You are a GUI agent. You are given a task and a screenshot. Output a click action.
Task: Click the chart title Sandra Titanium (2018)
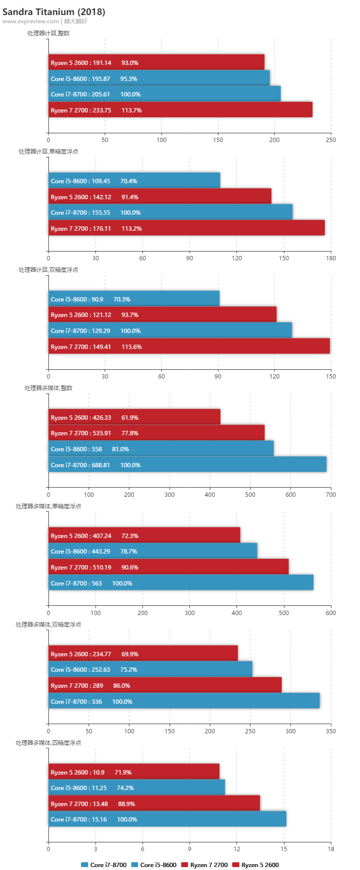click(54, 12)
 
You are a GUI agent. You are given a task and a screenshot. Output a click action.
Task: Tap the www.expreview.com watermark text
click(31, 21)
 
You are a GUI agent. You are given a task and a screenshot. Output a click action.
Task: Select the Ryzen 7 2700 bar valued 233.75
click(180, 110)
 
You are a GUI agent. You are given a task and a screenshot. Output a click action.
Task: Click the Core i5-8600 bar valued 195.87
click(159, 79)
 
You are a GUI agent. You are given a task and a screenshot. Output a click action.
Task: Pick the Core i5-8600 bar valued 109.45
click(134, 181)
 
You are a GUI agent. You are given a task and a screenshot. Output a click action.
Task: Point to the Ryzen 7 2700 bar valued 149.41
click(189, 347)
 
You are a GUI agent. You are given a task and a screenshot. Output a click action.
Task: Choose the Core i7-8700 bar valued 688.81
click(187, 465)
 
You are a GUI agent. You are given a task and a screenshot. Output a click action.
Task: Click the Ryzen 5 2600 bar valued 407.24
click(144, 536)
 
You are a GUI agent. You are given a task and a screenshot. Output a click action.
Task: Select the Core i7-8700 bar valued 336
click(184, 701)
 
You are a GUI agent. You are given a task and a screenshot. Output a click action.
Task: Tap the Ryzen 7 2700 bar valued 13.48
click(154, 804)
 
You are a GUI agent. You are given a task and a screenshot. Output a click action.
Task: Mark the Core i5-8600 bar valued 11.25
click(137, 788)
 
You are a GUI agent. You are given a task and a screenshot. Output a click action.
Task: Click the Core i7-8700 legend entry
click(104, 865)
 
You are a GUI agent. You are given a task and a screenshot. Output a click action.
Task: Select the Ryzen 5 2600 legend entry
click(256, 865)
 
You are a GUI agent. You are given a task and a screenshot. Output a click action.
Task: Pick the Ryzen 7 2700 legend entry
click(204, 865)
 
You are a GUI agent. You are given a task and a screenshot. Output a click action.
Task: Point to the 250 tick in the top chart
click(331, 140)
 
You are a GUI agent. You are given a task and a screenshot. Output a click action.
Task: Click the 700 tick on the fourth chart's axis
click(331, 495)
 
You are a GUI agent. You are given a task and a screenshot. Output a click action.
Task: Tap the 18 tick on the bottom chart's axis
click(331, 849)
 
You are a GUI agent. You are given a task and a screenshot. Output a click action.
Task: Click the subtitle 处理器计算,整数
click(48, 33)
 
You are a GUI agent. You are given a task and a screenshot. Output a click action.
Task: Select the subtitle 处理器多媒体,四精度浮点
click(48, 743)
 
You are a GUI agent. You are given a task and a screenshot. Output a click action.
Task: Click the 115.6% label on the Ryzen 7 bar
click(132, 347)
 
